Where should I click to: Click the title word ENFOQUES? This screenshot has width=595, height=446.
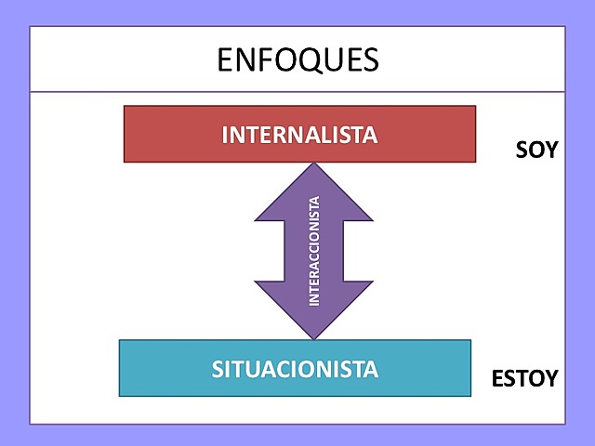[297, 59]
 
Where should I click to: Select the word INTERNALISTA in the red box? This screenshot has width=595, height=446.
[299, 135]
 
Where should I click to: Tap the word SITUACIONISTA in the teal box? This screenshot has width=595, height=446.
[295, 369]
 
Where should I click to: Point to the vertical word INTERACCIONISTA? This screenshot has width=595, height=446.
[314, 251]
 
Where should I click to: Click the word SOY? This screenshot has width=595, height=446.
[536, 150]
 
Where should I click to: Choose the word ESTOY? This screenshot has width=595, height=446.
[524, 379]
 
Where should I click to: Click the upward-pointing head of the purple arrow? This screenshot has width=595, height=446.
[314, 190]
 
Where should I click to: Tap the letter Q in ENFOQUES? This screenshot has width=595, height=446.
[306, 60]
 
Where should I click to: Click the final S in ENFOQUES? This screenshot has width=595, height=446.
[370, 59]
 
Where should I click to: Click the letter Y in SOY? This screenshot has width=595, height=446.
[550, 150]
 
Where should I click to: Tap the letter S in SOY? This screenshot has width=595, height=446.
[522, 150]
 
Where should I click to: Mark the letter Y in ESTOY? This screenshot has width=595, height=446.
[551, 379]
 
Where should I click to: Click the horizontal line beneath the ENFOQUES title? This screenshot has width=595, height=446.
[297, 92]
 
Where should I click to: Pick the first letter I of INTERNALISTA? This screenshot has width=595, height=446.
[225, 135]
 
